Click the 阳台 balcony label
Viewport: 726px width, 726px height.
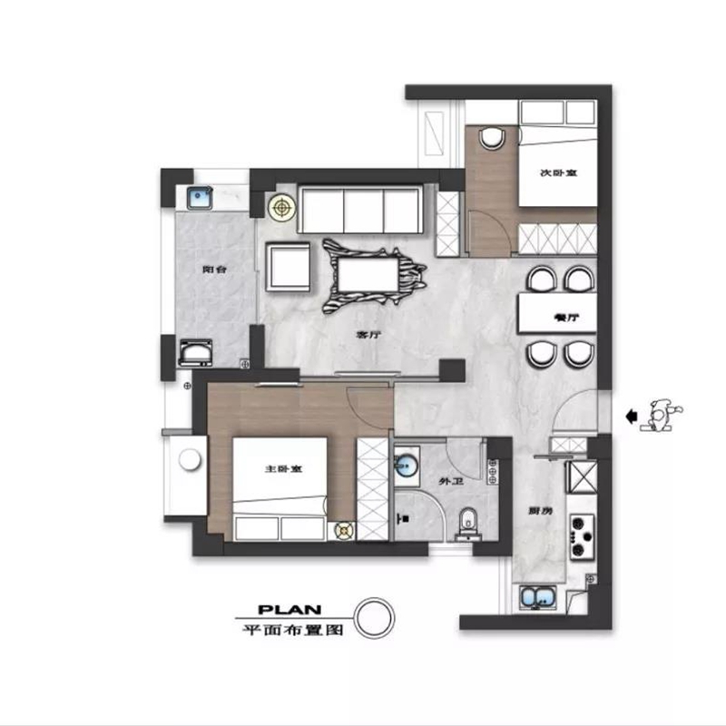tap(213, 270)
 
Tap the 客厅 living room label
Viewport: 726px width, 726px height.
tap(366, 334)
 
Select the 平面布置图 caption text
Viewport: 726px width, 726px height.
tap(289, 628)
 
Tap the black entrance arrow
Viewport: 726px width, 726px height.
tap(631, 416)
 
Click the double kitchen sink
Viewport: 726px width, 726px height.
tap(538, 597)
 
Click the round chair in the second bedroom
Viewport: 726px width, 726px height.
tap(493, 138)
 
